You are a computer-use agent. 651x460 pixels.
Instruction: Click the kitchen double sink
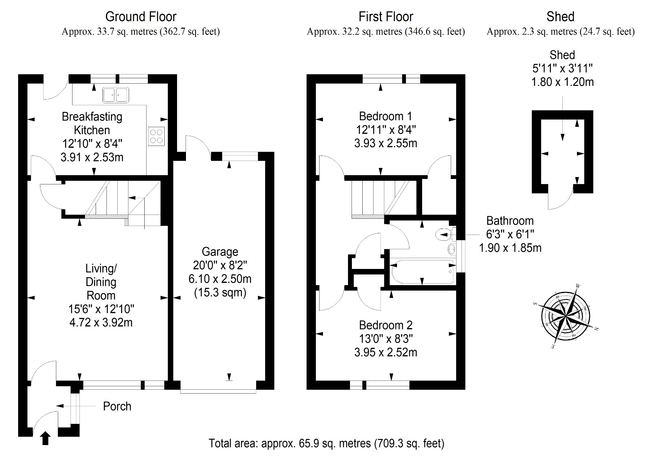pos(115,95)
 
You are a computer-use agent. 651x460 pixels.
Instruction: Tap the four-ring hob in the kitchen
pos(156,136)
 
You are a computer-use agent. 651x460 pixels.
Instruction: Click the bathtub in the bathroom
pos(423,272)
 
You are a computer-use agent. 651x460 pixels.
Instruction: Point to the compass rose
pos(565,317)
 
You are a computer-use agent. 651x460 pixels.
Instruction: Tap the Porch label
pos(117,406)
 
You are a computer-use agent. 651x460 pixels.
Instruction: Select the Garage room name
pos(220,252)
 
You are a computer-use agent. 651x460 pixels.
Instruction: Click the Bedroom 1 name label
pos(386,116)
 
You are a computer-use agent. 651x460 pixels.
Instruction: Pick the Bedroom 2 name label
pos(386,325)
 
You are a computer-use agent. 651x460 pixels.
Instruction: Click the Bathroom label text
pos(510,221)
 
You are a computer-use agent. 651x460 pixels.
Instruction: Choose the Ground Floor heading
pos(141,17)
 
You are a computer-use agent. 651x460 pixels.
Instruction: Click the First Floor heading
pos(386,17)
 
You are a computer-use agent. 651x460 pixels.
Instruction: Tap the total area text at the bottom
pos(326,443)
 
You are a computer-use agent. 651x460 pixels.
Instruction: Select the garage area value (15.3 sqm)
pos(220,292)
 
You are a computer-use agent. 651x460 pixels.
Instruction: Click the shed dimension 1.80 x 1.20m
pos(562,82)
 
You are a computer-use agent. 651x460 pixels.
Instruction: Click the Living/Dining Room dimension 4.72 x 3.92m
pos(101,322)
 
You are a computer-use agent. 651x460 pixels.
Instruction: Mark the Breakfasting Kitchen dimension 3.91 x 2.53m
pos(92,157)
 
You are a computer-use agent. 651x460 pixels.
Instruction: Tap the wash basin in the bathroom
pos(451,249)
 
